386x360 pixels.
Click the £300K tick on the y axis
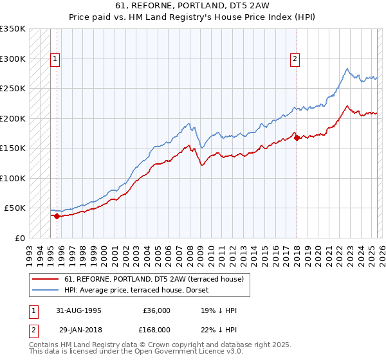pyautogui.click(x=13, y=59)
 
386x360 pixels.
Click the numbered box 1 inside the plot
pyautogui.click(x=56, y=59)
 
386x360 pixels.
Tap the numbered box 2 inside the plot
pyautogui.click(x=295, y=59)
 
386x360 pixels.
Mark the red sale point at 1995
pyautogui.click(x=57, y=216)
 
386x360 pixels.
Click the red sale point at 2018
pyautogui.click(x=297, y=137)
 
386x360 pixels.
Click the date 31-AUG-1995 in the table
pyautogui.click(x=79, y=310)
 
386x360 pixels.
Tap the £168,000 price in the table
pyautogui.click(x=156, y=329)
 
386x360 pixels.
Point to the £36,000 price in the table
pyautogui.click(x=156, y=310)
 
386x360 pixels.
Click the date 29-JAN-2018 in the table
pyautogui.click(x=79, y=329)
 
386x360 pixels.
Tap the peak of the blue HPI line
pyautogui.click(x=347, y=69)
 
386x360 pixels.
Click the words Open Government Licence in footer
pyautogui.click(x=180, y=353)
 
